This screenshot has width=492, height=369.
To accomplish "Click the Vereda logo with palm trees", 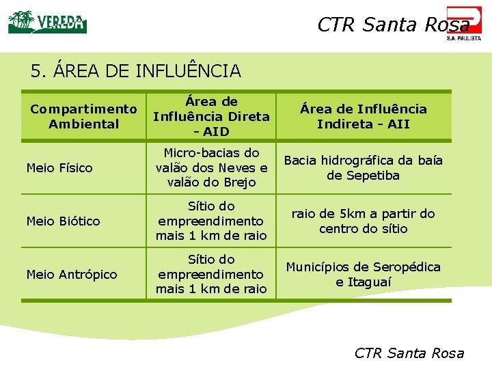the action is pyautogui.click(x=47, y=22).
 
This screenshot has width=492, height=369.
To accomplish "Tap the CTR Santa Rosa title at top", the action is pyautogui.click(x=393, y=25).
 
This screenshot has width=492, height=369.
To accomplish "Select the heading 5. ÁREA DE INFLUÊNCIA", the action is pyautogui.click(x=136, y=70).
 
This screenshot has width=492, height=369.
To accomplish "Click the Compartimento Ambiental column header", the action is pyautogui.click(x=84, y=116).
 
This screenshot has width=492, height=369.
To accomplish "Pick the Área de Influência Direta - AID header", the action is pyautogui.click(x=211, y=116).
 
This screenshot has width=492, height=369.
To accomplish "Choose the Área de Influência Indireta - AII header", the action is pyautogui.click(x=363, y=116).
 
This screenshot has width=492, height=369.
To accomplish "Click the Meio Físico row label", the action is pyautogui.click(x=59, y=168).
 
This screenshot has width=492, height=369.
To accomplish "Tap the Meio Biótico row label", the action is pyautogui.click(x=63, y=221).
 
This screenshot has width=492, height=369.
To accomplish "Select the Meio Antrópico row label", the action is pyautogui.click(x=72, y=275).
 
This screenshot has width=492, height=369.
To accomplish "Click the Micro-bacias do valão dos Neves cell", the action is pyautogui.click(x=211, y=168).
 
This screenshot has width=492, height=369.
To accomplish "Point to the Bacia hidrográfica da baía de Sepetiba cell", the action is pyautogui.click(x=363, y=168).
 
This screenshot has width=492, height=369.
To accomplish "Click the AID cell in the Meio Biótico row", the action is pyautogui.click(x=211, y=221).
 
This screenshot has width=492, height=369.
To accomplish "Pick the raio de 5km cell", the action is pyautogui.click(x=363, y=221).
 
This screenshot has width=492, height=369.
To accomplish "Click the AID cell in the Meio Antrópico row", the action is pyautogui.click(x=211, y=275).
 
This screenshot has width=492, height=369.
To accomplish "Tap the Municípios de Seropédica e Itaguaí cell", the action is pyautogui.click(x=363, y=275).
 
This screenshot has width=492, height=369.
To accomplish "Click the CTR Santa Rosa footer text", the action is pyautogui.click(x=409, y=353).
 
